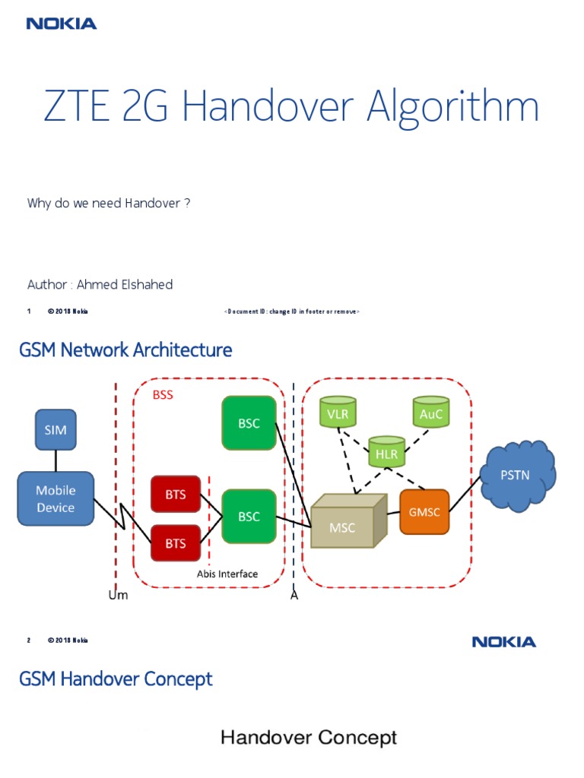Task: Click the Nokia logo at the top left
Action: click(x=62, y=24)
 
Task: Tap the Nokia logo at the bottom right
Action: click(x=503, y=642)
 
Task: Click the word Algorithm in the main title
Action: click(x=452, y=107)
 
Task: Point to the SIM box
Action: click(x=56, y=429)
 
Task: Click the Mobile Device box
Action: click(x=56, y=499)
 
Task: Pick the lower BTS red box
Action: click(x=175, y=542)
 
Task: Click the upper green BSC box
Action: click(x=249, y=423)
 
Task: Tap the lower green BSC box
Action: click(x=249, y=516)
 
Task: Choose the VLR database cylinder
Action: click(x=338, y=413)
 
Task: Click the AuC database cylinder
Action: click(x=430, y=413)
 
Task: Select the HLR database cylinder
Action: click(x=386, y=451)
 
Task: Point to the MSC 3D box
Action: click(x=343, y=524)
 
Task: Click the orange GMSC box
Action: click(x=424, y=511)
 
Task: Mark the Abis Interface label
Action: click(x=227, y=574)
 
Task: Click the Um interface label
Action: click(x=118, y=595)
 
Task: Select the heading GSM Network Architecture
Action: click(x=125, y=350)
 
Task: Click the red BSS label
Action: click(x=163, y=394)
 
